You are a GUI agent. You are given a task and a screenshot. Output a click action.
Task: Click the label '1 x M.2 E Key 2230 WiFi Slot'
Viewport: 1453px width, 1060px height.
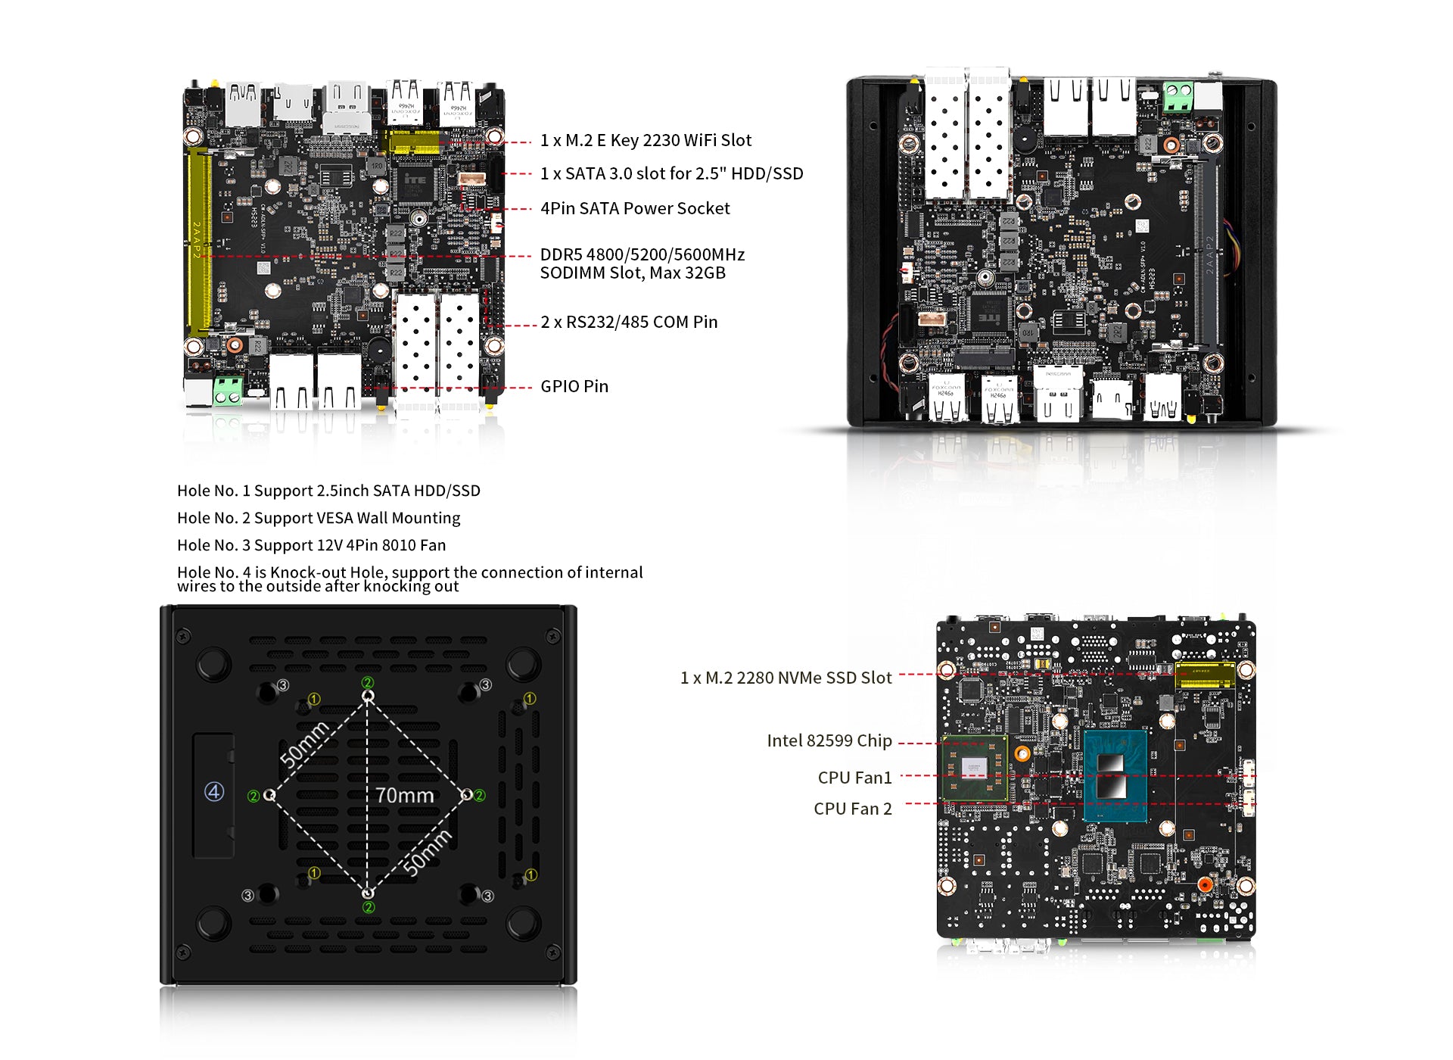tap(646, 141)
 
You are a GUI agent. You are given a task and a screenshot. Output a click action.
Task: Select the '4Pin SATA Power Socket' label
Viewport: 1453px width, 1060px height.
tap(635, 209)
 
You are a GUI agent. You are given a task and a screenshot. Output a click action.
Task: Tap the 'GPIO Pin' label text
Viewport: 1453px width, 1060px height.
tap(574, 387)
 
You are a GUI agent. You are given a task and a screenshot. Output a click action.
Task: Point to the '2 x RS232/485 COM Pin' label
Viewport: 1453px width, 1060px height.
tap(629, 323)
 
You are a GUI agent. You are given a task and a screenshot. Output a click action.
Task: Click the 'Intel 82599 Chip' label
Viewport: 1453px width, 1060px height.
tap(829, 741)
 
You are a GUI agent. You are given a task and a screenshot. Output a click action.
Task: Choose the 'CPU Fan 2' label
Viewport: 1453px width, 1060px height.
tap(852, 809)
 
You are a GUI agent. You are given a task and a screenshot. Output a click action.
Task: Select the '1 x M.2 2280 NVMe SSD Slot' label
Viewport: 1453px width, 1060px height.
tap(786, 678)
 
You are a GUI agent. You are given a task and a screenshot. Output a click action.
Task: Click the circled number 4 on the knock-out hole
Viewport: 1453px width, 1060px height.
tap(214, 792)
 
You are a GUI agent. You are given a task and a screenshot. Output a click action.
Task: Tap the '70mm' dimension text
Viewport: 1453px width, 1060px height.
tap(405, 796)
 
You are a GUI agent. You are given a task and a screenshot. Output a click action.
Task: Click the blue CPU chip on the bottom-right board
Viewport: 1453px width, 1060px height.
tap(1115, 776)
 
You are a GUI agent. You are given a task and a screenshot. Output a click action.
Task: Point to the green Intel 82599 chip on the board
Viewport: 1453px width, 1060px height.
tap(975, 768)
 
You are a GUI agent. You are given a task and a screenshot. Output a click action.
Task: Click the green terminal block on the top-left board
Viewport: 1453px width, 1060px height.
tap(228, 391)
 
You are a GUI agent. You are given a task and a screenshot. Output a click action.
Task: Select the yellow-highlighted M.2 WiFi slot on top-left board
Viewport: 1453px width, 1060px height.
tap(413, 142)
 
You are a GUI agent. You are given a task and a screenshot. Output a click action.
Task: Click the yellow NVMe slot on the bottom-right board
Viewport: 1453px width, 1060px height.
tap(1204, 674)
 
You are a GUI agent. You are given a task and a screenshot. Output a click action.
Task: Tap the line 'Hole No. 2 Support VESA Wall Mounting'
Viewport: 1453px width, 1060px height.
tap(319, 519)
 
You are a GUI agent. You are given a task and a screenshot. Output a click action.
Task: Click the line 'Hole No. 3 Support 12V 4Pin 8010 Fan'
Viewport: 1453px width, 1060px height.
tap(311, 546)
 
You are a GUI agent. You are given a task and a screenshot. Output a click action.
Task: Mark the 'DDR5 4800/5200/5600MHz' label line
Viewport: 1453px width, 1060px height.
tap(642, 255)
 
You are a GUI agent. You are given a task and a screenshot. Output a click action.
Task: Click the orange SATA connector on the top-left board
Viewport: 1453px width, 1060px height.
tap(471, 179)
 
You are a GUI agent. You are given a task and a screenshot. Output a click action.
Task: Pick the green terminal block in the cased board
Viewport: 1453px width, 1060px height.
tap(1178, 98)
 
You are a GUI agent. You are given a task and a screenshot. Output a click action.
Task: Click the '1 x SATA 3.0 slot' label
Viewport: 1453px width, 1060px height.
tap(671, 174)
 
